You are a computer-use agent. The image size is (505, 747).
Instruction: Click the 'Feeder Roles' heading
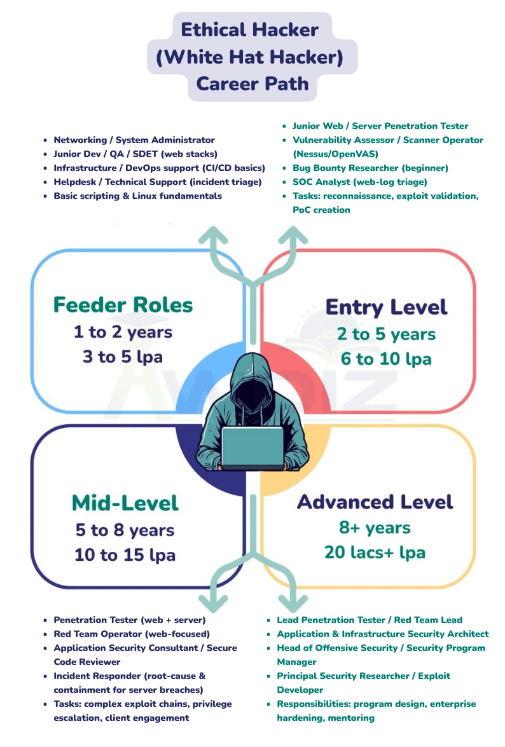click(x=123, y=305)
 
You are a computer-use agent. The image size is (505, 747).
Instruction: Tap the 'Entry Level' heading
click(x=386, y=308)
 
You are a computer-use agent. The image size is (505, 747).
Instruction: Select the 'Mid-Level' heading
click(x=125, y=503)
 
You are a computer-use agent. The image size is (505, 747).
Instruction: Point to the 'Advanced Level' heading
click(x=375, y=502)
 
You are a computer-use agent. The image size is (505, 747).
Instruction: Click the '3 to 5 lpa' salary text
click(x=122, y=357)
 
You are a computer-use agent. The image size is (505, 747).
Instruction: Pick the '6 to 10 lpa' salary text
click(x=385, y=359)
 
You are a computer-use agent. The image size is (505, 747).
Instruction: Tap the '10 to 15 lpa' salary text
click(x=125, y=554)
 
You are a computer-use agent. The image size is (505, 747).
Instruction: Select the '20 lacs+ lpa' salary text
click(x=375, y=552)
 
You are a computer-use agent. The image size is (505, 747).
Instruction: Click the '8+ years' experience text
click(x=375, y=527)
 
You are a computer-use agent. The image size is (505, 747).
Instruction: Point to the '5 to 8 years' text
click(x=125, y=530)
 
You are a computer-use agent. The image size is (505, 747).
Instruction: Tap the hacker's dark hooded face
click(x=253, y=387)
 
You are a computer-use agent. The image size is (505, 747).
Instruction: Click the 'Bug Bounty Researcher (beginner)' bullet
click(x=370, y=168)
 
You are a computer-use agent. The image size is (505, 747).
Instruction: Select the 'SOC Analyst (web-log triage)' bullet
click(x=359, y=182)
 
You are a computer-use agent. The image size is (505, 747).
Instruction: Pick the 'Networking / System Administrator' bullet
click(x=134, y=140)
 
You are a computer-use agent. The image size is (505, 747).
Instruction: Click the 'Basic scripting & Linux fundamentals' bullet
click(x=137, y=196)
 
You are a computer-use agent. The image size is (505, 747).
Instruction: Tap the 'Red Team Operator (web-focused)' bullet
click(x=132, y=634)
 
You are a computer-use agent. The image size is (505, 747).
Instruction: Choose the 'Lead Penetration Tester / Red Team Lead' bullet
click(x=370, y=620)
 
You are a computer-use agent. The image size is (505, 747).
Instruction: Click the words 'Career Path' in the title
click(x=253, y=83)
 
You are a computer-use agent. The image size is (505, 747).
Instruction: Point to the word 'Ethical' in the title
click(x=213, y=29)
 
